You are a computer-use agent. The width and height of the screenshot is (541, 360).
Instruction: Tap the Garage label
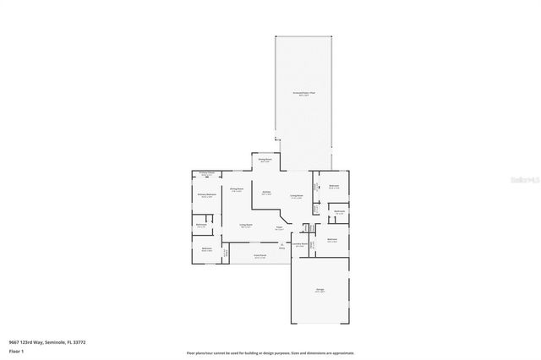321,291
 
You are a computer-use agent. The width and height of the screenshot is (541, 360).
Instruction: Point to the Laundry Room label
299,243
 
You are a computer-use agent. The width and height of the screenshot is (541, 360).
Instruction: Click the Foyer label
278,227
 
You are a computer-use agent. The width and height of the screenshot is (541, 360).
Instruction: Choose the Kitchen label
265,193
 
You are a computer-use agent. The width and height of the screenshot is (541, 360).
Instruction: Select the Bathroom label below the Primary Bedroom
201,225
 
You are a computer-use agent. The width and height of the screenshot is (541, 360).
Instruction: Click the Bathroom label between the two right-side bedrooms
339,212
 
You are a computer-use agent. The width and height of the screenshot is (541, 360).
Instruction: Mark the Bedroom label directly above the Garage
333,240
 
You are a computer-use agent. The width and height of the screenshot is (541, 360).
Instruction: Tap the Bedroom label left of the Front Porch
206,249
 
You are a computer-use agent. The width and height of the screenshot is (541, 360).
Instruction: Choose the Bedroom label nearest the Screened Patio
334,186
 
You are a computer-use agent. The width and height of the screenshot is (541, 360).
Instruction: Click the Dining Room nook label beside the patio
265,160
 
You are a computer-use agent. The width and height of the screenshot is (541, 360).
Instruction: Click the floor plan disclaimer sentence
270,352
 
